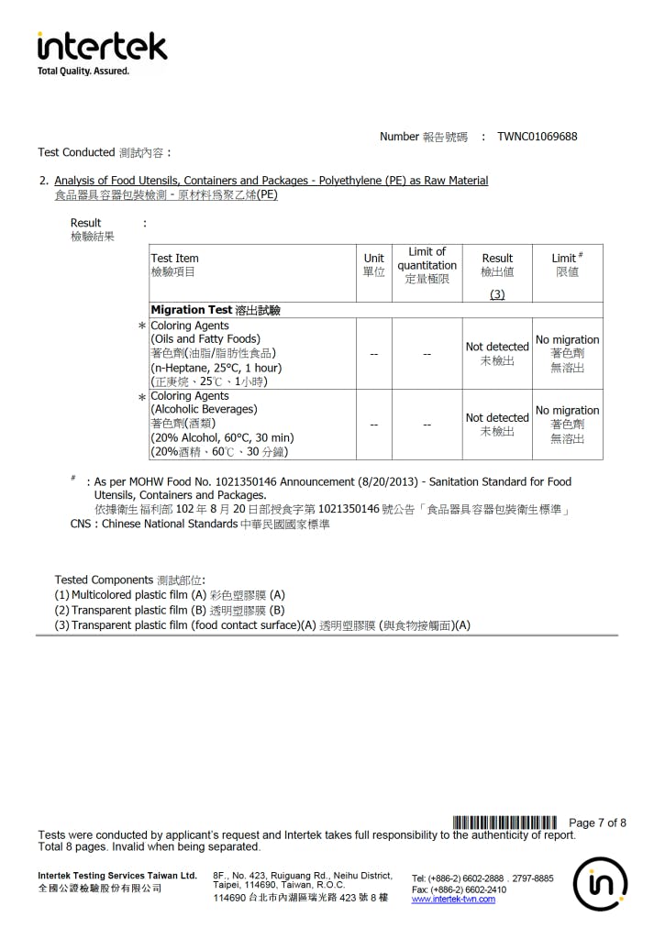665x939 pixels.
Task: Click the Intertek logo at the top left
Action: point(102,50)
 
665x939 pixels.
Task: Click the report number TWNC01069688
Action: point(538,137)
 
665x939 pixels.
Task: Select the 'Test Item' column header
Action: point(174,259)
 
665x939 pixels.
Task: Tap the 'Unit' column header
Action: point(373,259)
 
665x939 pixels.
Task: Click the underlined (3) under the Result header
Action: point(497,294)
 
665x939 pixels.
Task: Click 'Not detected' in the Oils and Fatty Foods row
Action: point(497,347)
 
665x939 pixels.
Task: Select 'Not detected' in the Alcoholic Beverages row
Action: point(497,417)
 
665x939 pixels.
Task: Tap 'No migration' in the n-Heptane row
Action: point(567,339)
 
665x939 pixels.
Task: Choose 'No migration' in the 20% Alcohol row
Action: point(567,410)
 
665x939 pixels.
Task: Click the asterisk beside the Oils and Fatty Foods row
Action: point(142,327)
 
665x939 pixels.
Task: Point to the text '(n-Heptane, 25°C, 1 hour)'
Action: point(216,367)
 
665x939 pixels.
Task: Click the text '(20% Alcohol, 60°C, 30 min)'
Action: point(222,437)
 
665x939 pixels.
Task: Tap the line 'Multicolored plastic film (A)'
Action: point(170,594)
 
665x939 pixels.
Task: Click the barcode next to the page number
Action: point(504,822)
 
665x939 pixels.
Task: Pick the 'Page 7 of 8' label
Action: point(597,823)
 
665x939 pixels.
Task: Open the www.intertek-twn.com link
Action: point(453,900)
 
